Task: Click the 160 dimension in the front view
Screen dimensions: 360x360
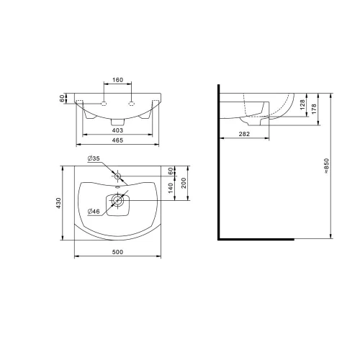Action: (x=117, y=80)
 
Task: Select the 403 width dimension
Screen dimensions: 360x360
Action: (x=117, y=130)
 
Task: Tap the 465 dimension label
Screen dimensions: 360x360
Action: (x=117, y=141)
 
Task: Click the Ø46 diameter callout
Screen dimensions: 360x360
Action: (x=93, y=211)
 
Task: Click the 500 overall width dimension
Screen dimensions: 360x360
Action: (x=117, y=251)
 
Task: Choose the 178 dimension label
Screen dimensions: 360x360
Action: (x=315, y=113)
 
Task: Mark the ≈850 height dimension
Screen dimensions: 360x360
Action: (x=328, y=167)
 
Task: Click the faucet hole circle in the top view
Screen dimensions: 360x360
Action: (x=117, y=176)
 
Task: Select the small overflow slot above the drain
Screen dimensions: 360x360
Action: (x=117, y=191)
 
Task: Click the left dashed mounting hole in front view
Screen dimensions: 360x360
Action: (x=104, y=103)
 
